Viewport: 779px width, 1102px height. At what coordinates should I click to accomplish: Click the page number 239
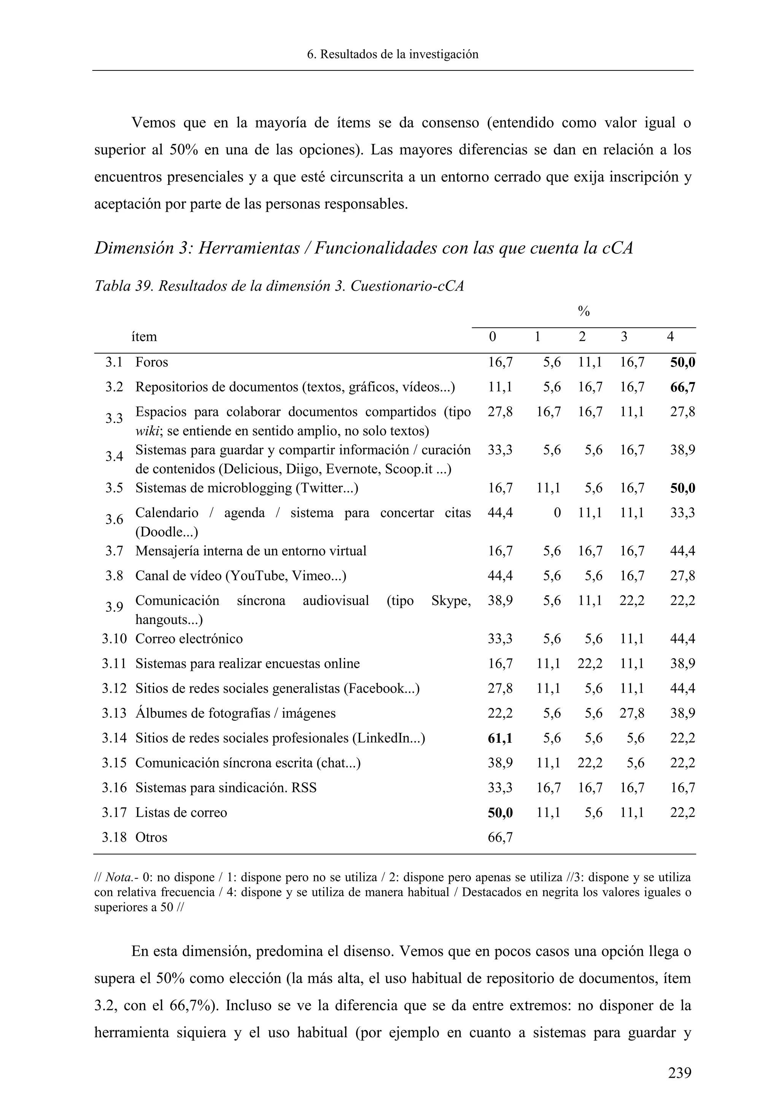680,1072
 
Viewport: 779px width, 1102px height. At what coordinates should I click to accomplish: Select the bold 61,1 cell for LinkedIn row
500,738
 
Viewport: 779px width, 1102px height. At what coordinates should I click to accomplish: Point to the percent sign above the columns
583,312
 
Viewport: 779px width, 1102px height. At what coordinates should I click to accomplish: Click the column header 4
670,337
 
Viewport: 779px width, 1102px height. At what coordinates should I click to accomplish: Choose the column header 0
492,337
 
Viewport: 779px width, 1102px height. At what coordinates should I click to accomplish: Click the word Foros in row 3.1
152,362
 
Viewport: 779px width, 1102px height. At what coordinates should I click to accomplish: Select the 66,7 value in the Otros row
500,838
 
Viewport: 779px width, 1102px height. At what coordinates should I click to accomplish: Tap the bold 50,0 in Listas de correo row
500,812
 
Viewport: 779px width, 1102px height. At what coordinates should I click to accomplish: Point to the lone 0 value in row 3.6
556,513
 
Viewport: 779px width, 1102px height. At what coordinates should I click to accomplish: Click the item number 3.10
114,639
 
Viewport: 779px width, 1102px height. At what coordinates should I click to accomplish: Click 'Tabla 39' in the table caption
122,286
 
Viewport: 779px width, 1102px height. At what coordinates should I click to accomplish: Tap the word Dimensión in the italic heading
143,248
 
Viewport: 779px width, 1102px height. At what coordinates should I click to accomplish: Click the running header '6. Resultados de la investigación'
393,54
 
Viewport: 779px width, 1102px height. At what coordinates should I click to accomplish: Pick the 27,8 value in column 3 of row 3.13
631,713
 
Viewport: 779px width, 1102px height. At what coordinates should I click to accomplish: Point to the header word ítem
144,337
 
